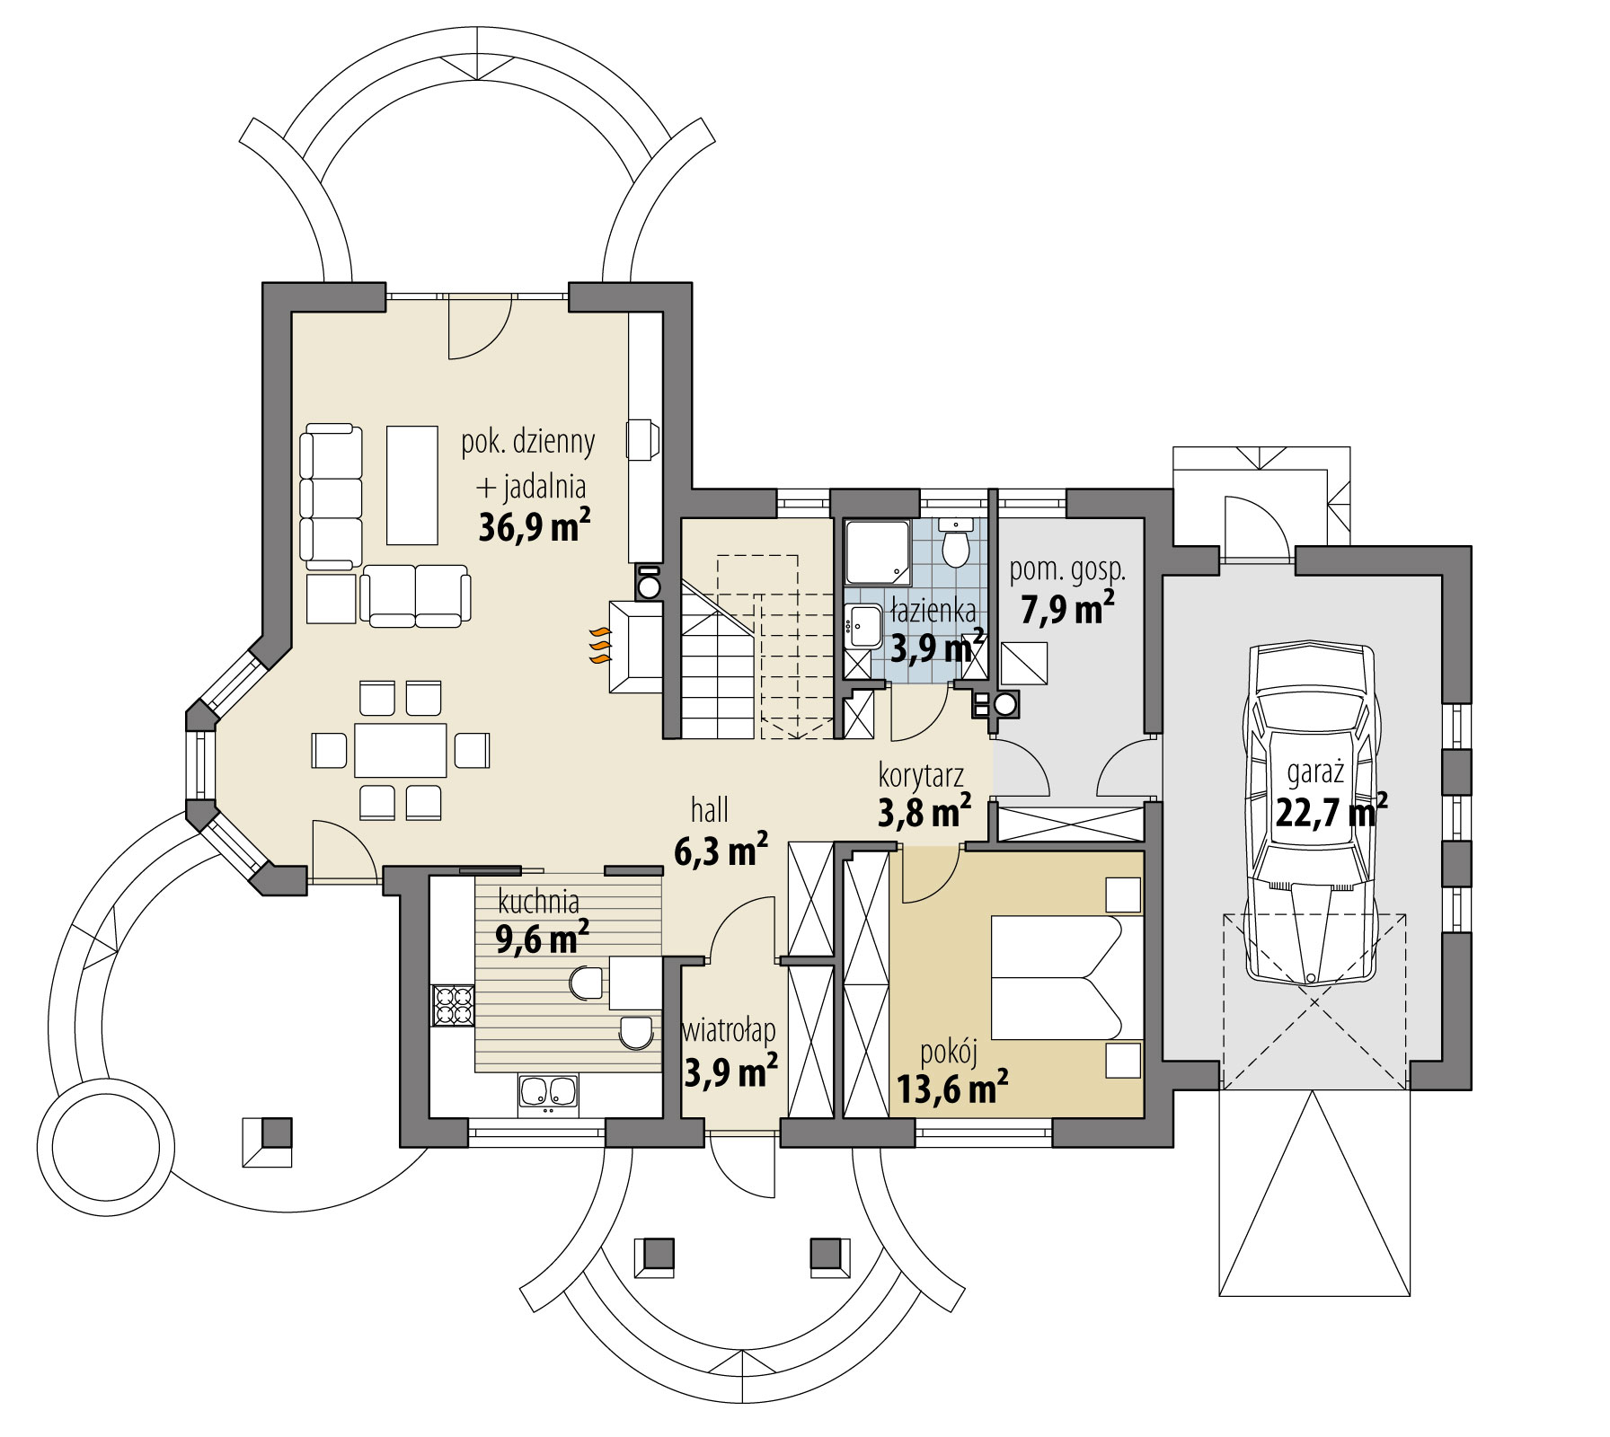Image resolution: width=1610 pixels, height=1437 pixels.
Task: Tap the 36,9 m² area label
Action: tap(534, 528)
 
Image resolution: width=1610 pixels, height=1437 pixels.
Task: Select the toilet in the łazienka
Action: tap(955, 544)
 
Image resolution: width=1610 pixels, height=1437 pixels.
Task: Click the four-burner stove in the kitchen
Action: tap(453, 1005)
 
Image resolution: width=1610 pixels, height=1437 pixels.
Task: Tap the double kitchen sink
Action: tap(547, 1092)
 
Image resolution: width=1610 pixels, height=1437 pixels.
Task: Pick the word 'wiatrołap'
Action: tap(729, 1031)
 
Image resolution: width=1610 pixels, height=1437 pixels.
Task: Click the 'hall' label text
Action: tap(709, 810)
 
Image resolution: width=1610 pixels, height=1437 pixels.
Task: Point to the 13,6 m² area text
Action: tap(951, 1090)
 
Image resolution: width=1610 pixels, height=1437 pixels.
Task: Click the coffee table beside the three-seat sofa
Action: tap(412, 485)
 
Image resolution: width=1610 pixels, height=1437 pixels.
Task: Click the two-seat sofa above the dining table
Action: tap(416, 595)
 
